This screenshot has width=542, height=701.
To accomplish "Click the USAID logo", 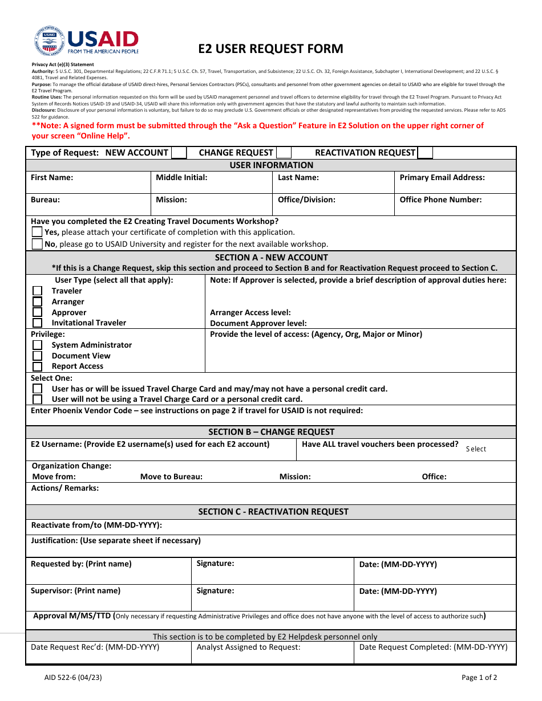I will pos(86,41).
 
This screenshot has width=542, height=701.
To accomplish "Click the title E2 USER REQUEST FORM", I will pos(270,48).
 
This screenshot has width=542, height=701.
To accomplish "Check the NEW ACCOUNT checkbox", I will pos(179,153).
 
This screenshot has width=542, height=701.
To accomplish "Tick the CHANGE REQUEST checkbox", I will pos(284,153).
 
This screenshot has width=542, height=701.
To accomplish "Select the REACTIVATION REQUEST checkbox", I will pos(425,153).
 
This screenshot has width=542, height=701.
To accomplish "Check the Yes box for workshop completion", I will pos(37,232).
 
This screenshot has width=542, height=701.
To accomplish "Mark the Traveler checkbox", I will pos(37,291).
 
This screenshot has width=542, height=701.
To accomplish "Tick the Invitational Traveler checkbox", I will pos(37,323).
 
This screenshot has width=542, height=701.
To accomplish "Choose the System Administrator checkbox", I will pos(37,345).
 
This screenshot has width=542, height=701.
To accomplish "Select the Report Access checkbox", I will pos(37,366).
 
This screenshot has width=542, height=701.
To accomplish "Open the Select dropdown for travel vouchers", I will pos(476,449).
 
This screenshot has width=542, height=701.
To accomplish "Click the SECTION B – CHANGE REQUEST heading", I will pos(271,432).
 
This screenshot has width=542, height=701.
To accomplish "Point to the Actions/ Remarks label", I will pos(64,488).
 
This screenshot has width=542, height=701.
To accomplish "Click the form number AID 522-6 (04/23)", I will pos(73,678).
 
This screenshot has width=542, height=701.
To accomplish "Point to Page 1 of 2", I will pos(479,678).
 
